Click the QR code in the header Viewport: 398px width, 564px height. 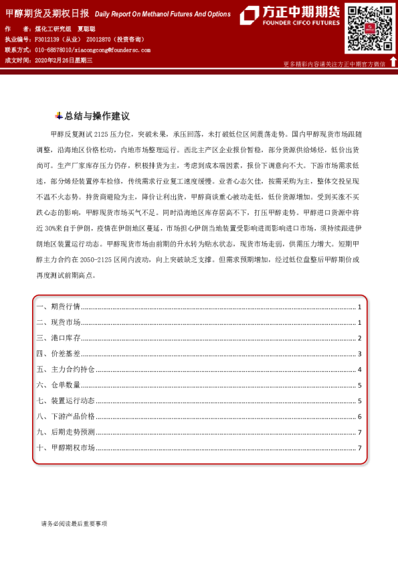[369, 28]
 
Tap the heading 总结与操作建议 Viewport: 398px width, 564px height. [97, 116]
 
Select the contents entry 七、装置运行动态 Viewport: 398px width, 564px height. [66, 401]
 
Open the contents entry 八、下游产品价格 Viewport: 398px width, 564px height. [66, 417]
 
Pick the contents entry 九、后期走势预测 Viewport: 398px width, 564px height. [66, 432]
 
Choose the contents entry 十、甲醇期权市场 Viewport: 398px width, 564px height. [66, 448]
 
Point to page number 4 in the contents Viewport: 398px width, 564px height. [359, 370]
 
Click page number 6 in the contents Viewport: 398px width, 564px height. [359, 417]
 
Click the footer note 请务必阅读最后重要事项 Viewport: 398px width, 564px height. [74, 524]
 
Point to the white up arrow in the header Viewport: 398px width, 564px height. [393, 62]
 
